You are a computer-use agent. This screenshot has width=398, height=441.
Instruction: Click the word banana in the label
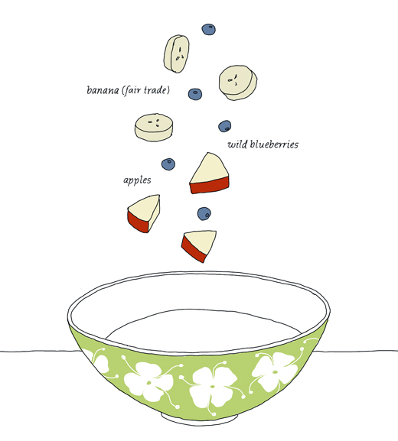point(103,90)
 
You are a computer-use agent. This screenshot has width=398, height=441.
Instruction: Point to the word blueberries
point(274,144)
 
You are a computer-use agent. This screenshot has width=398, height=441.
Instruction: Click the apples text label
point(137,180)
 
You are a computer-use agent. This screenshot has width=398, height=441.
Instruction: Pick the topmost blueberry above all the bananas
point(208,29)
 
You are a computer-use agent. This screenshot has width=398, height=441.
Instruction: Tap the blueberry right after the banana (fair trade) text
point(195,94)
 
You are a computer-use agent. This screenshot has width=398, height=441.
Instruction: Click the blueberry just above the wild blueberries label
point(224,126)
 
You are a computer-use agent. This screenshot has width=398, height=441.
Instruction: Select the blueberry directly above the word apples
point(168,164)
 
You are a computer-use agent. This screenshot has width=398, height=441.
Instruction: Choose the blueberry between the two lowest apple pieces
point(204,214)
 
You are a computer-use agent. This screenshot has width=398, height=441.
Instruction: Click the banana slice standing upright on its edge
point(177,54)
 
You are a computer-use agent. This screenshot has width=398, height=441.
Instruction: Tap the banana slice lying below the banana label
point(154,127)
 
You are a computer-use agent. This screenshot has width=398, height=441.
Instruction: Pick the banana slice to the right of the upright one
point(238,83)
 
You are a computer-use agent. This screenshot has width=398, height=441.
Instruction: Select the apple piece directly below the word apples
point(144,213)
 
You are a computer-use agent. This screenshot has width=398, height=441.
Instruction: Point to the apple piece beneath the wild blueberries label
point(209,173)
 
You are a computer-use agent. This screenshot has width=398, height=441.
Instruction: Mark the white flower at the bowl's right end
point(274,371)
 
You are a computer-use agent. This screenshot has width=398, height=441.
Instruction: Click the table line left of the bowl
point(41,351)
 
